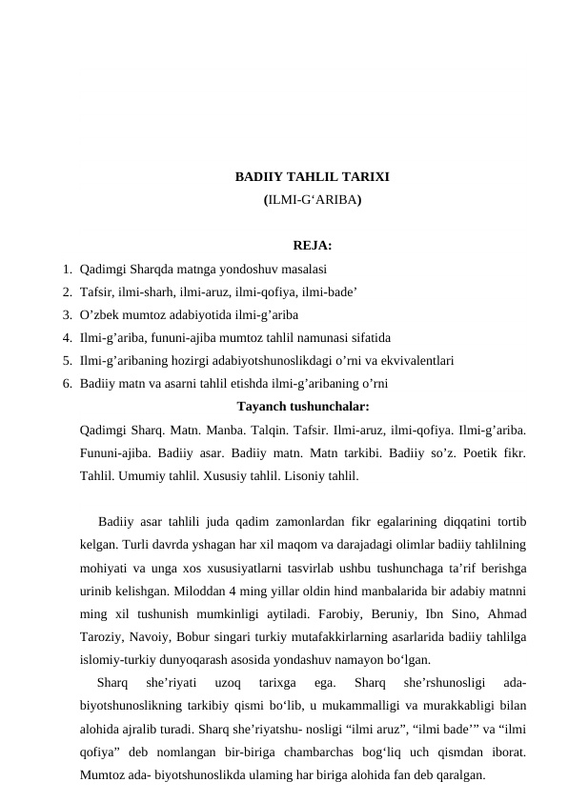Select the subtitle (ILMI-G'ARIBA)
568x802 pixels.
pos(312,201)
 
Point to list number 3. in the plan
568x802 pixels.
pos(67,313)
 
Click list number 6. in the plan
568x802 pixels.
pos(67,384)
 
